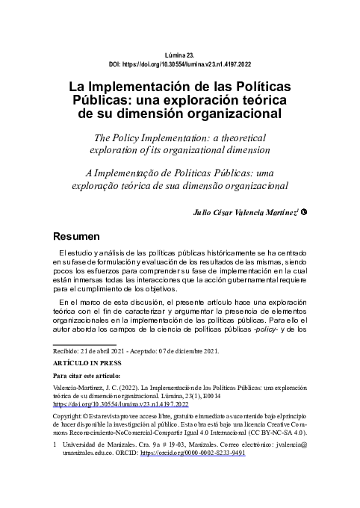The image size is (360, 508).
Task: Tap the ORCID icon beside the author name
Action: click(x=305, y=211)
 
